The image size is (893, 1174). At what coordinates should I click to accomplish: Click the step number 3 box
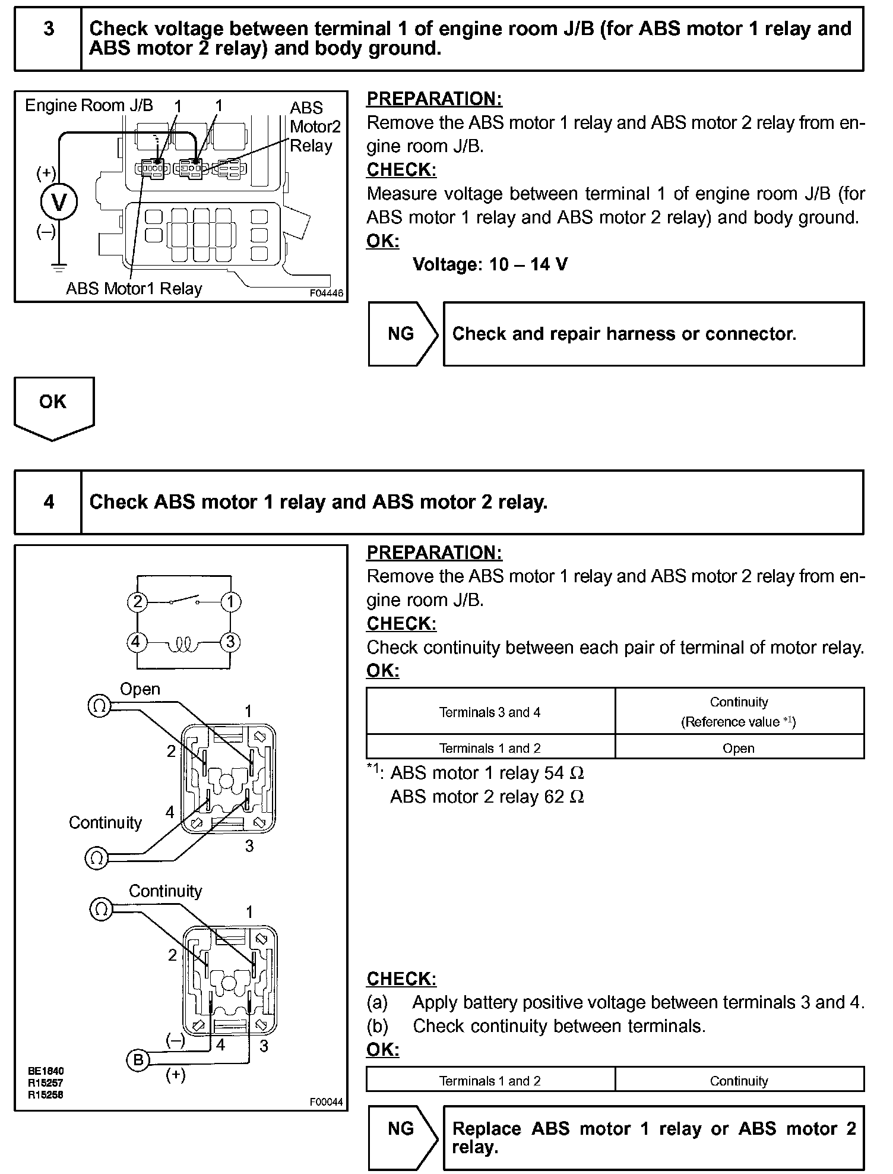(49, 39)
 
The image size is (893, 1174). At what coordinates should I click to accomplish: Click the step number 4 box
(49, 502)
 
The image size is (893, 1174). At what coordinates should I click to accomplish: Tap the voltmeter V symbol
(59, 203)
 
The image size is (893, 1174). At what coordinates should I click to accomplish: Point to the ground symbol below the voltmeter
(59, 267)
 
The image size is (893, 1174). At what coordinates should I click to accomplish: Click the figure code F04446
(326, 293)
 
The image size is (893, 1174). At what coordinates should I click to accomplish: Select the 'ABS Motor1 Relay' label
(134, 289)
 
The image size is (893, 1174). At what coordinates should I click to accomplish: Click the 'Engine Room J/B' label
(89, 106)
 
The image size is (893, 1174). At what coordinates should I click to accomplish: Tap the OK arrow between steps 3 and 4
(53, 408)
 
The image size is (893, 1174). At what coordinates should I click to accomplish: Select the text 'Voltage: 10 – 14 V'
(490, 264)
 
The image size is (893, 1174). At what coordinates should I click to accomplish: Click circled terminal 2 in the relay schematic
(137, 602)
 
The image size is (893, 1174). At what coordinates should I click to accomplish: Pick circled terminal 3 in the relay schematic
(230, 642)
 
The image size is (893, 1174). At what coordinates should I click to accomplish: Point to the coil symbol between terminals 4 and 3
(183, 643)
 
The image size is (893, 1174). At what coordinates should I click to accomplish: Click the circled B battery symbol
(138, 1060)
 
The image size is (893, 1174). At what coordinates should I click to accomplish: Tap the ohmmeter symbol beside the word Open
(99, 705)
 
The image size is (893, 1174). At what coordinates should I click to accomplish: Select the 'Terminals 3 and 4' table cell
(490, 712)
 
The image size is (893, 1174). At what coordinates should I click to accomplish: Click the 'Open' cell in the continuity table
(739, 748)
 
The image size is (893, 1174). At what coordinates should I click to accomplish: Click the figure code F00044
(326, 1102)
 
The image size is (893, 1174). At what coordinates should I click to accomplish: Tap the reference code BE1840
(46, 1071)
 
